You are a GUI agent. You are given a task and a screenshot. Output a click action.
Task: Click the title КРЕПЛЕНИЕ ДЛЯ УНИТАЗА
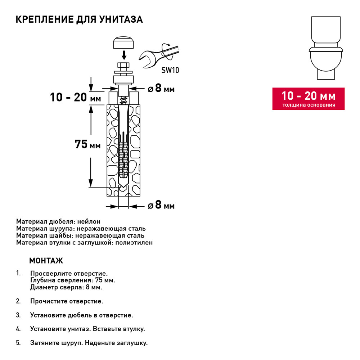point(79,19)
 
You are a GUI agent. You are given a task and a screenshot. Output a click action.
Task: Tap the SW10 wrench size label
point(170,70)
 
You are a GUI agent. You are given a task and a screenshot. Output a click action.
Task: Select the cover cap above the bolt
point(123,43)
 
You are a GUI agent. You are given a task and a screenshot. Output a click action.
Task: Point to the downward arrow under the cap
point(123,55)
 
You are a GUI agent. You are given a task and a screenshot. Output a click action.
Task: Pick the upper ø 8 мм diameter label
point(161,88)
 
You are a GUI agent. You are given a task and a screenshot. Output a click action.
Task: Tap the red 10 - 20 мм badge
point(308,99)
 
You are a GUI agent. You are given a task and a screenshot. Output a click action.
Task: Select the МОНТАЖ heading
point(46,260)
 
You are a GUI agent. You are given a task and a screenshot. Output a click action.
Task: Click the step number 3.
point(18,315)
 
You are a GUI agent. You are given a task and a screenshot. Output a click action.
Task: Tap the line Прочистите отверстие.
point(67,301)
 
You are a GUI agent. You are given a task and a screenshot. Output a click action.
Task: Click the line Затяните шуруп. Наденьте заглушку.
point(89,343)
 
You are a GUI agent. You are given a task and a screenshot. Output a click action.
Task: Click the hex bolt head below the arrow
point(123,66)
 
